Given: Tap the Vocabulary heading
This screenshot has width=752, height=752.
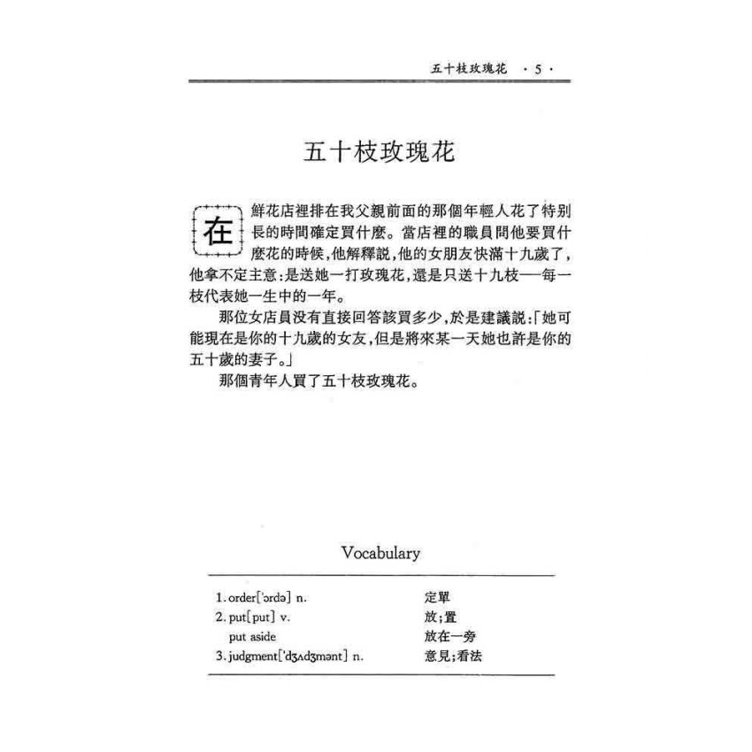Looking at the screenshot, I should tap(380, 553).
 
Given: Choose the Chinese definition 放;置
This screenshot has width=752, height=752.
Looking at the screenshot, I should tap(441, 617).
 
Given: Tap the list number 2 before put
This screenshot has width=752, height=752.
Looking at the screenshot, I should tap(219, 617).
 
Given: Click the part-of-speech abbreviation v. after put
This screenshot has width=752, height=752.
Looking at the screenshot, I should tap(284, 617).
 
